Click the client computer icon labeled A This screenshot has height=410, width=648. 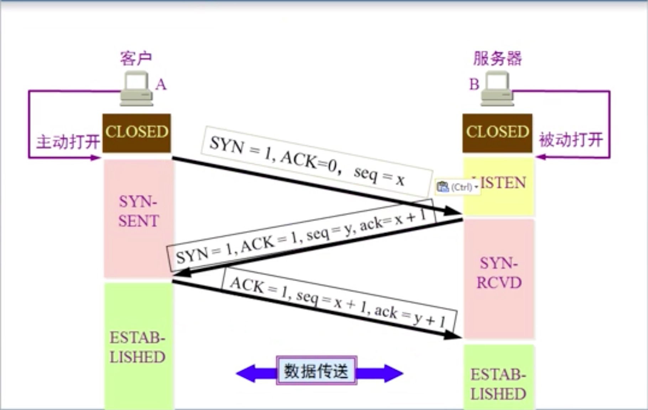(x=136, y=89)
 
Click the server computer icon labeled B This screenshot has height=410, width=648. (x=497, y=89)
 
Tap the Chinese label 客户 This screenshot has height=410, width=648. (x=136, y=58)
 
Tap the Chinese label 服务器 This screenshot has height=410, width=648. (x=497, y=58)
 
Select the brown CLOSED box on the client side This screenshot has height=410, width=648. (x=137, y=133)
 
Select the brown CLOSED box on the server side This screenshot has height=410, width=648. (x=497, y=133)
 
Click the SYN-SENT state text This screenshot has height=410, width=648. (x=138, y=211)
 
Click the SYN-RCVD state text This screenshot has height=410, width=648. (x=499, y=273)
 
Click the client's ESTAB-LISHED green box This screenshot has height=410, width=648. (x=138, y=347)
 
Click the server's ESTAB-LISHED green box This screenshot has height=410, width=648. (x=498, y=384)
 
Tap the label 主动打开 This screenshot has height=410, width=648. (x=68, y=142)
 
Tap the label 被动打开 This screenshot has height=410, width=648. (x=571, y=140)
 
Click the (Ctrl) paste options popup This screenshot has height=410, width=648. (x=458, y=187)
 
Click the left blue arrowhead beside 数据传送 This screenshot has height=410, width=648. (x=247, y=373)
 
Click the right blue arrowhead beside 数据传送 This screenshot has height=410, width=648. (x=392, y=373)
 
